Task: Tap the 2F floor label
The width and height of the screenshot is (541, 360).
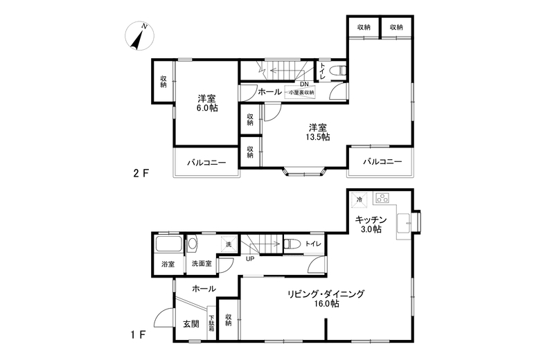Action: [141, 173]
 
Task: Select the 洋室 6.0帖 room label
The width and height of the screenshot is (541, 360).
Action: [206, 102]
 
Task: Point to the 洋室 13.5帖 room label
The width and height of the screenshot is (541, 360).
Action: [319, 132]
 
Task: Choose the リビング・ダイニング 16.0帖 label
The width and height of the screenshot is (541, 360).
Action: [326, 298]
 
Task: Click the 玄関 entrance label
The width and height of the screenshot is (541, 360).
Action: [191, 323]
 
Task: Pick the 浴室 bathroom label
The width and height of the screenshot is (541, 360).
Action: [168, 264]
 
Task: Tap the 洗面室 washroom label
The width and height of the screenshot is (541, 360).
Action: [202, 264]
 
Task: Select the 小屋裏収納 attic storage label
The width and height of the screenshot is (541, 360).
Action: [301, 92]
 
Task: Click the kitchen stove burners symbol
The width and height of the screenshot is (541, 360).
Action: [382, 197]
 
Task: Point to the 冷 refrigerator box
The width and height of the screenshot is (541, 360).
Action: [359, 199]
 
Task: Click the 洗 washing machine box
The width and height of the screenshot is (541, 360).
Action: [227, 244]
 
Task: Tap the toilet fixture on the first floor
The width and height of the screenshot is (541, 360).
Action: [292, 244]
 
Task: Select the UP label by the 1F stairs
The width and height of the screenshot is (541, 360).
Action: [249, 259]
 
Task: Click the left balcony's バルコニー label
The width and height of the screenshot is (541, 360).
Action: [206, 163]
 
